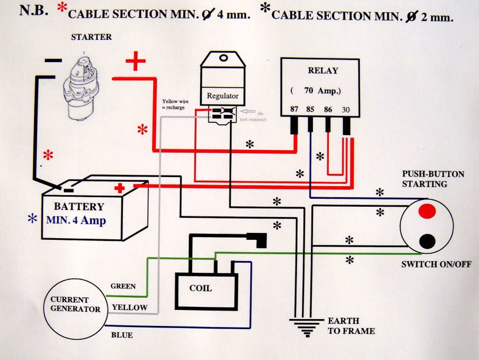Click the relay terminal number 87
(294, 109)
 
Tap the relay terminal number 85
(310, 109)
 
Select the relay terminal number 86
(328, 110)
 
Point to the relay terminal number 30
(345, 110)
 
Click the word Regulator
(222, 96)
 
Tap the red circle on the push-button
(427, 211)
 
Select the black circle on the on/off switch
(427, 241)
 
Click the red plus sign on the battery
(119, 188)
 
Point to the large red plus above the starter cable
(136, 61)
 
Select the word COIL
(201, 288)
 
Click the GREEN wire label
(123, 286)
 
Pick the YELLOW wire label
(129, 307)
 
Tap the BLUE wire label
(122, 335)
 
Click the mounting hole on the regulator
(224, 58)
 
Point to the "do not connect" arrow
(247, 112)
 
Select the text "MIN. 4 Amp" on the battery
(76, 220)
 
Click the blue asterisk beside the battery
(32, 218)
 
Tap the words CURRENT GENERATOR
(75, 304)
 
